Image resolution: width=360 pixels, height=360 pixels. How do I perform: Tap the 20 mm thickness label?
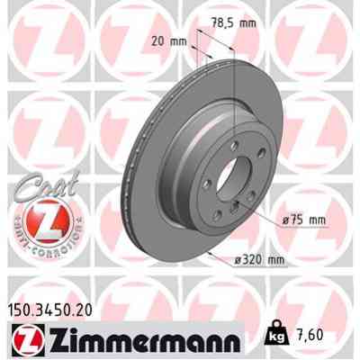pos(171,40)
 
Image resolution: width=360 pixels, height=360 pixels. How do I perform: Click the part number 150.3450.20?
pos(54,312)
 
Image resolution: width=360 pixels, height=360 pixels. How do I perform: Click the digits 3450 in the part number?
pos(56,312)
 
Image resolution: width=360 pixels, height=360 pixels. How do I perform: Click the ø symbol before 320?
pos(236,261)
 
